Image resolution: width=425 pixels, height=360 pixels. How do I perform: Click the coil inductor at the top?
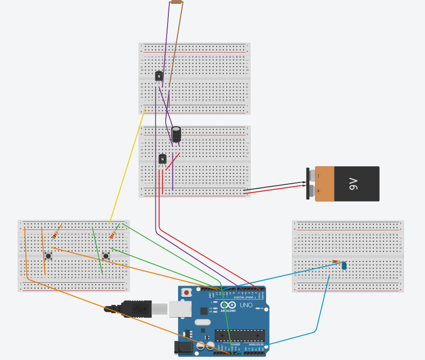tap(176, 2)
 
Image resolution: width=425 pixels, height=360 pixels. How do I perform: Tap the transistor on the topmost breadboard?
tap(159, 77)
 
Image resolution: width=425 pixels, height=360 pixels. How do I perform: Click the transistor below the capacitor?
tap(163, 159)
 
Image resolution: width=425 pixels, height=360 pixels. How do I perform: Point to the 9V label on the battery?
tap(354, 183)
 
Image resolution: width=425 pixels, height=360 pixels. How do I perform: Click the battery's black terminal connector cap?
tap(308, 183)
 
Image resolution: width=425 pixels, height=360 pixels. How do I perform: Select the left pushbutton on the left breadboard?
tap(48, 255)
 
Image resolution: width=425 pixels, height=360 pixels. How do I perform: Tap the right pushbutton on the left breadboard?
tap(106, 255)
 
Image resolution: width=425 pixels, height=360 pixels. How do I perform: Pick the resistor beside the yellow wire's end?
tap(113, 234)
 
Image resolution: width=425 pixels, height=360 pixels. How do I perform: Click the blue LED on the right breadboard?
tap(344, 266)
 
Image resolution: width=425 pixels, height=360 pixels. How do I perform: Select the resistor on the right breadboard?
tap(336, 262)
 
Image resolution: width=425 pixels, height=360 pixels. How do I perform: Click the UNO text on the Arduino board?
tap(246, 305)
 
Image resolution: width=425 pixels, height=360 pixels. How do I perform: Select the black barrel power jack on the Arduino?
tap(183, 348)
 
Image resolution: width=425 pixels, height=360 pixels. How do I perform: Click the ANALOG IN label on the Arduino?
tap(256, 344)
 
